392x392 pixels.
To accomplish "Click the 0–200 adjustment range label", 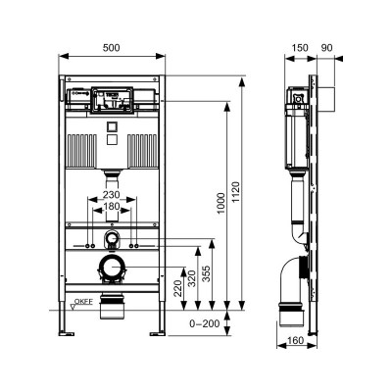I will click(x=205, y=320).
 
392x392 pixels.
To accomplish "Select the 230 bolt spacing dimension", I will click(x=111, y=195).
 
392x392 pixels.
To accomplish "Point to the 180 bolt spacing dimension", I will click(x=111, y=207).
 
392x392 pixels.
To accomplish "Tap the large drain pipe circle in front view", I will click(x=111, y=267).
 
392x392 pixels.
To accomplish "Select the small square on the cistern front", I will click(x=111, y=126).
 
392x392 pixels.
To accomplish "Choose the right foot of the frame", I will click(x=157, y=332).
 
